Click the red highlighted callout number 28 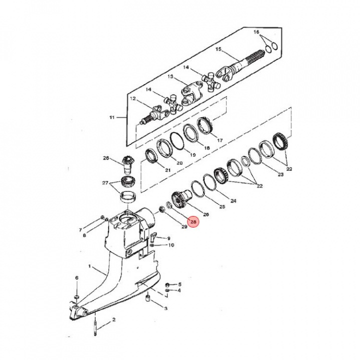pyautogui.click(x=194, y=220)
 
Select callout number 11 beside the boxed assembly pyautogui.click(x=112, y=117)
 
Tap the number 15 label pyautogui.click(x=218, y=49)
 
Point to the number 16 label pyautogui.click(x=256, y=32)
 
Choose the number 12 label pyautogui.click(x=133, y=99)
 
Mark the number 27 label pyautogui.click(x=104, y=183)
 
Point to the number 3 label pyautogui.click(x=165, y=308)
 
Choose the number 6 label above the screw pyautogui.click(x=76, y=277)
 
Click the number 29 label pyautogui.click(x=184, y=227)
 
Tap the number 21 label pyautogui.click(x=168, y=170)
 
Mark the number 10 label pyautogui.click(x=171, y=245)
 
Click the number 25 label pyautogui.click(x=222, y=206)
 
